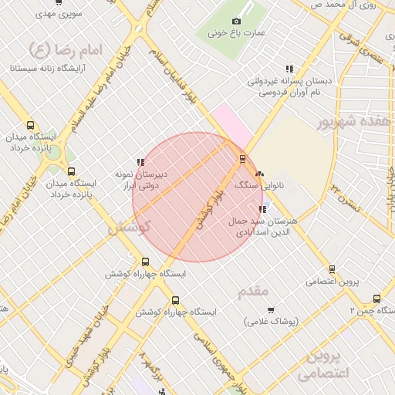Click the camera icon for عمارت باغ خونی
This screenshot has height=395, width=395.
tap(236, 21)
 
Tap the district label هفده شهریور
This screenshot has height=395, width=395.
tap(354, 122)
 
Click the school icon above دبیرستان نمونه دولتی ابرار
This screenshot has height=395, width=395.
tap(140, 162)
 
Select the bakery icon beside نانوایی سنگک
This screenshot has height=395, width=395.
tap(259, 174)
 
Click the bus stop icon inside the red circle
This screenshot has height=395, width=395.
tap(243, 159)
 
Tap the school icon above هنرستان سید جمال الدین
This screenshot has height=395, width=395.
tap(263, 208)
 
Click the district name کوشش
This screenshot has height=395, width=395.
tap(128, 228)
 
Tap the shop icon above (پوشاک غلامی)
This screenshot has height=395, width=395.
tap(270, 310)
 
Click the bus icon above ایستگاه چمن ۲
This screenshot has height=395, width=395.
tap(377, 299)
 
